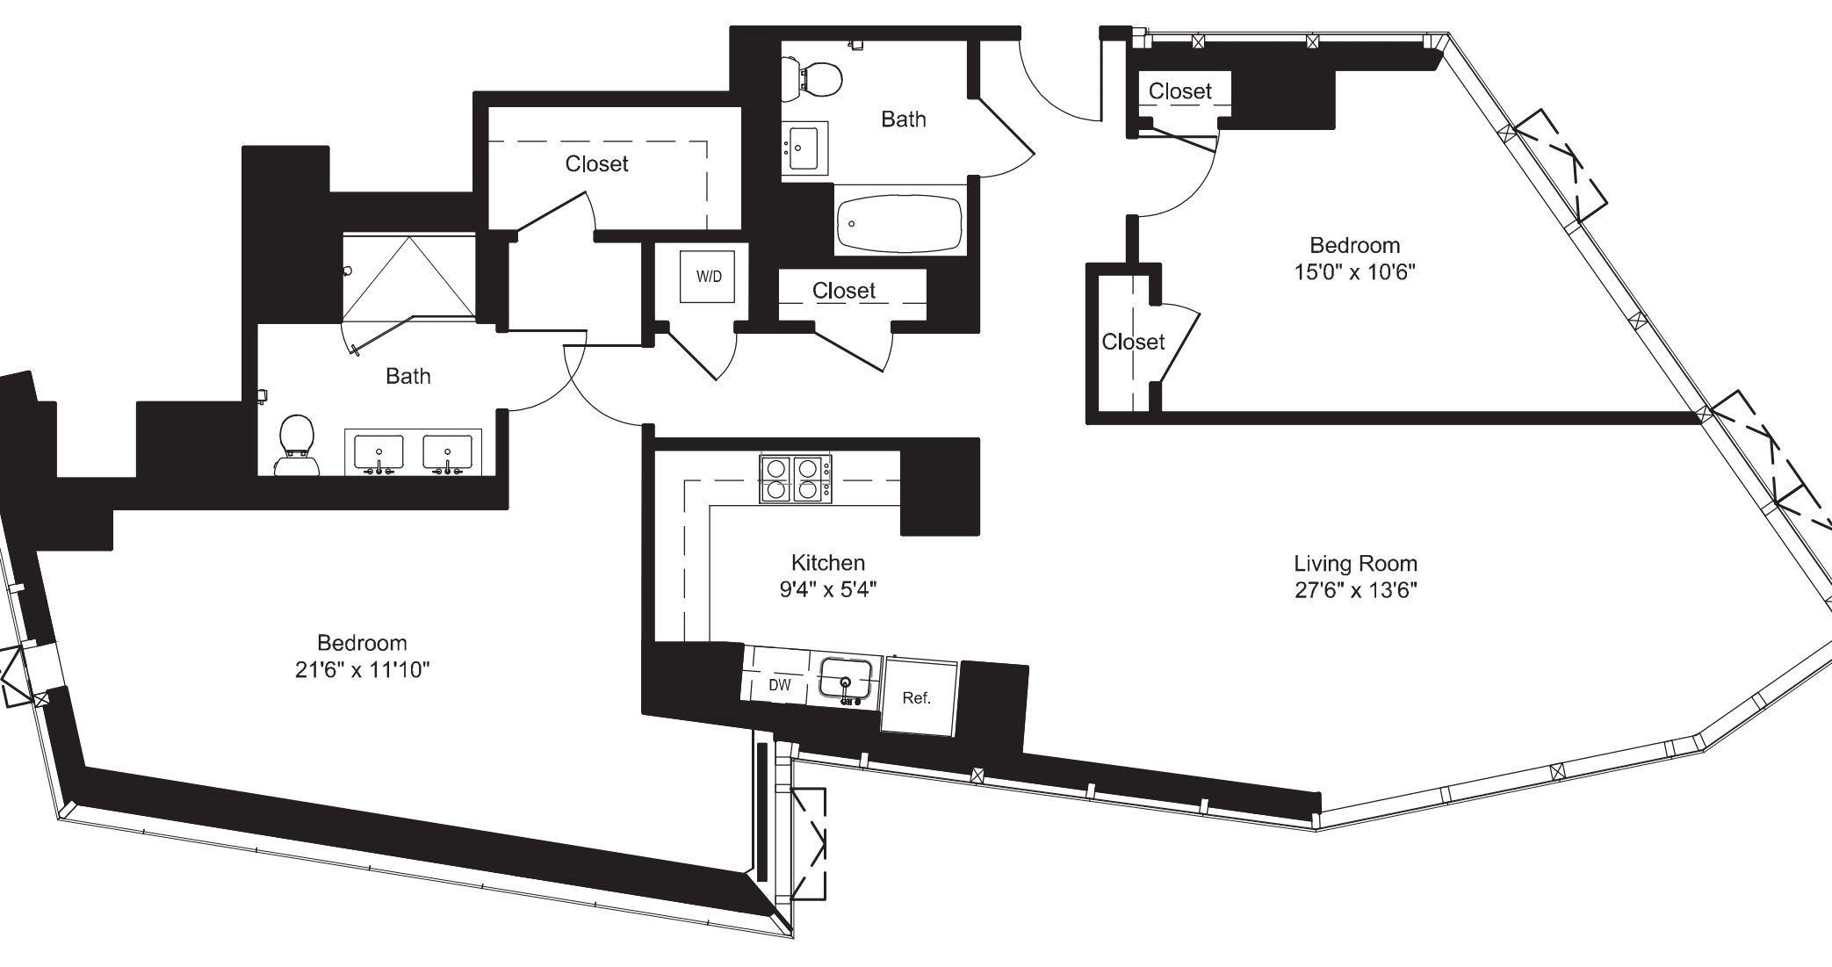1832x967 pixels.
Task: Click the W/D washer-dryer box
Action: (708, 277)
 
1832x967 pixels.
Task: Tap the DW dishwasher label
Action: (779, 685)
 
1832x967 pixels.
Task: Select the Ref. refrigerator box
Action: (916, 698)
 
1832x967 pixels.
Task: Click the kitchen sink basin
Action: (845, 679)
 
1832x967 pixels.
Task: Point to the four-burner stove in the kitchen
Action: (796, 480)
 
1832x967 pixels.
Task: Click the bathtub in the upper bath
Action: (898, 223)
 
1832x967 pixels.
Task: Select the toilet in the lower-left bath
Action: (296, 442)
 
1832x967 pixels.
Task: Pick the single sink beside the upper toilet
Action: (803, 147)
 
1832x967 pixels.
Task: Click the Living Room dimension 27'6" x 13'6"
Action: (1355, 590)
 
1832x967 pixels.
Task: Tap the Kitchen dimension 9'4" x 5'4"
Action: (828, 589)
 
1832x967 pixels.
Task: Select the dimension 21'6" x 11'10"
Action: (362, 671)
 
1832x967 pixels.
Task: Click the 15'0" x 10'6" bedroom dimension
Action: (1354, 272)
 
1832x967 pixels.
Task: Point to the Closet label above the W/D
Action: (596, 164)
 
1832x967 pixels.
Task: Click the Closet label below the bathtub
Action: (843, 291)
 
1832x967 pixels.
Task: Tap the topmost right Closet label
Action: (1179, 91)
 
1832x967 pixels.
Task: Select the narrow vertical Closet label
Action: (1132, 342)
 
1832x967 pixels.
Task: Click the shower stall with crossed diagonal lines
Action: (408, 277)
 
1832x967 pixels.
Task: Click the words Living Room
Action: (1355, 564)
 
